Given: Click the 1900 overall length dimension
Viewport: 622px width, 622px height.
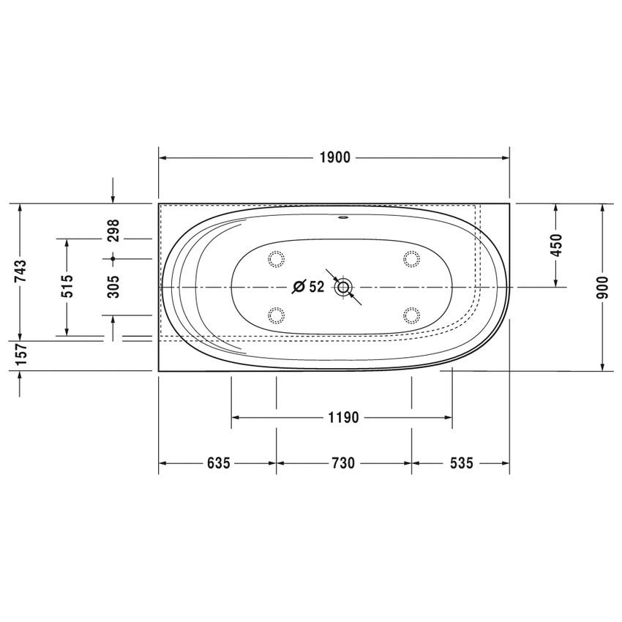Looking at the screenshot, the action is coord(335,158).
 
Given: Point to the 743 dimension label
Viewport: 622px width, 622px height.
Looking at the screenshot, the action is coord(20,271).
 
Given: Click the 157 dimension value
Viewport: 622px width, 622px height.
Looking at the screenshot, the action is coord(20,355).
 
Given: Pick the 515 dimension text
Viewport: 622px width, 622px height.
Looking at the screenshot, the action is coord(67,286).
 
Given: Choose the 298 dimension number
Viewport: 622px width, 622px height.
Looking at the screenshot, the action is coord(113,231).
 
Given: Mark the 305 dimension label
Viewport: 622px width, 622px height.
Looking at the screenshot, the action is coord(113,286).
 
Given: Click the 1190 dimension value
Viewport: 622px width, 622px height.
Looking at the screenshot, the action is coord(343,417).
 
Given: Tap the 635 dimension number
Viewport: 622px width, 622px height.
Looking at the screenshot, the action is coord(219,463).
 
